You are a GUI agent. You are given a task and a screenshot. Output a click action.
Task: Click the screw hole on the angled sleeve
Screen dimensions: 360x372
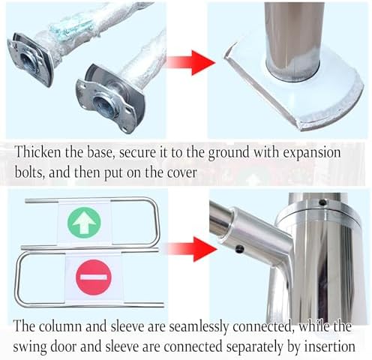click(x=241, y=250)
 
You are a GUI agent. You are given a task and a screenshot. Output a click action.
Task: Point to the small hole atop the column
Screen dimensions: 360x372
click(x=322, y=202)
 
